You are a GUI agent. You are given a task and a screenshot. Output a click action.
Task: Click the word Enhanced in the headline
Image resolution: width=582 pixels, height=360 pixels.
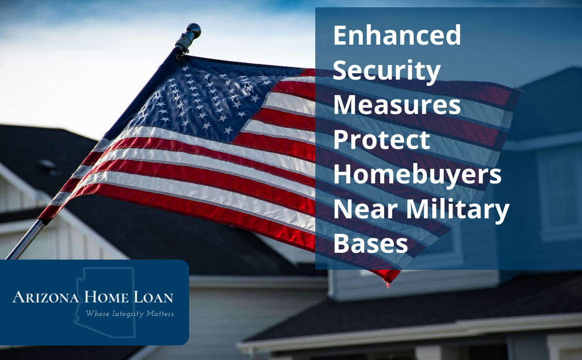tap(397, 35)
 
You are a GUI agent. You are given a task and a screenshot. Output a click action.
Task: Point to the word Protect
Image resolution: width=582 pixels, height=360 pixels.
tap(381, 140)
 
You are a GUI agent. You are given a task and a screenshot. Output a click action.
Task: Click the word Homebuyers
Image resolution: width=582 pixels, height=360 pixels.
tap(417, 176)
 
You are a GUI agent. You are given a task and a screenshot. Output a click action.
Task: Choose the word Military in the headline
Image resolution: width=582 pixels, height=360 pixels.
tap(457, 211)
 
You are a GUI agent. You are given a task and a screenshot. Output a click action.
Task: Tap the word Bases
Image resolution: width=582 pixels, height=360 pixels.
tap(371, 244)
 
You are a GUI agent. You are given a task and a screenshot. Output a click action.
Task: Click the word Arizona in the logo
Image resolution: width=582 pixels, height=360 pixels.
tap(46, 297)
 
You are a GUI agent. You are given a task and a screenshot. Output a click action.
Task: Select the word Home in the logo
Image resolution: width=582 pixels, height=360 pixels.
tap(106, 297)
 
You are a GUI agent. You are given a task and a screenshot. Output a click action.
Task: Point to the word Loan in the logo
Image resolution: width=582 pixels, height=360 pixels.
tap(153, 297)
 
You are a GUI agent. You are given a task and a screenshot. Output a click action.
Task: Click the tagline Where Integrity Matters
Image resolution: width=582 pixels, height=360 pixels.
tap(129, 314)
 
